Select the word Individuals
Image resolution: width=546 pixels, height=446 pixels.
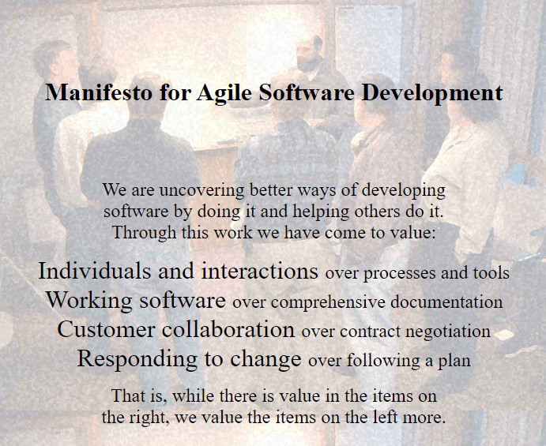(x=94, y=271)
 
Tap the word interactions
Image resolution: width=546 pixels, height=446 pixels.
(x=259, y=271)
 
